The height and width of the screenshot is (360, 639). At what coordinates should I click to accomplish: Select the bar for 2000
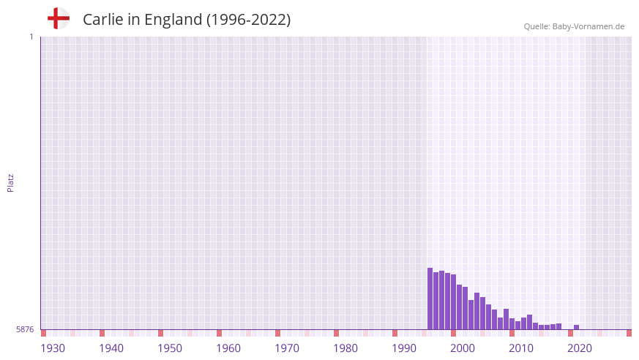[x=454, y=302]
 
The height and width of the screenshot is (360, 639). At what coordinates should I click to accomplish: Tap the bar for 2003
[x=471, y=315]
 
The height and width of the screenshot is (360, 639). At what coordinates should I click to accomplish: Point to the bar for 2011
[x=518, y=323]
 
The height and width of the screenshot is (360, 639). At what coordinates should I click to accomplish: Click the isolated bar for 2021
[x=577, y=327]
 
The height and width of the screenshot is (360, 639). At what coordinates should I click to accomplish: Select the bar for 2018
[x=559, y=326]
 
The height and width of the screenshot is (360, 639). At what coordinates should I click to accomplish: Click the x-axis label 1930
[x=53, y=348]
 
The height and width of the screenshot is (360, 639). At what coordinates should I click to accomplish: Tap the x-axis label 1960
[x=228, y=348]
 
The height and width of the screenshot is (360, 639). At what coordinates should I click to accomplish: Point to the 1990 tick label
[x=404, y=348]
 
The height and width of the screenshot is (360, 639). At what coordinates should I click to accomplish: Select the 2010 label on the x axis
[x=521, y=348]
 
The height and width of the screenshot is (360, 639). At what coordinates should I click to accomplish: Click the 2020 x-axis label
[x=580, y=348]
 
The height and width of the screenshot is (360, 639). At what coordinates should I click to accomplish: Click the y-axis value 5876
[x=25, y=330]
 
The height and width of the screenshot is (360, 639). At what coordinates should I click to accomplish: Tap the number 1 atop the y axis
[x=31, y=37]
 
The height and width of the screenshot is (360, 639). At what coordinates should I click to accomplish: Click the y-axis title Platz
[x=11, y=183]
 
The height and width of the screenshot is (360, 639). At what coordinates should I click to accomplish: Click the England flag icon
[x=59, y=19]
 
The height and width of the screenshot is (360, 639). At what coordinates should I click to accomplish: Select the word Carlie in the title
[x=102, y=20]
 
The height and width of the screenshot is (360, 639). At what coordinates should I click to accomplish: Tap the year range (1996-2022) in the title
[x=248, y=20]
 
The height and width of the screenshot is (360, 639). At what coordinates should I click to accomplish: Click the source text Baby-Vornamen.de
[x=589, y=26]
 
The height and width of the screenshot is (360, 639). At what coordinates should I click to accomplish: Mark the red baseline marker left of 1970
[x=277, y=333]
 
